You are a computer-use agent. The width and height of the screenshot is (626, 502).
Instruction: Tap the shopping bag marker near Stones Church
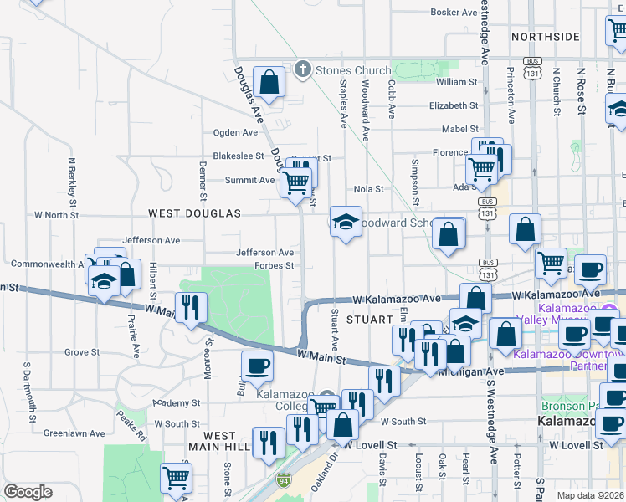[x=269, y=83]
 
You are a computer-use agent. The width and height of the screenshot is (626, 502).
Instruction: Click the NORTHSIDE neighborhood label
[x=545, y=37]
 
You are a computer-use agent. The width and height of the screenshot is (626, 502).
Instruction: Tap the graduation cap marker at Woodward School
[x=345, y=223]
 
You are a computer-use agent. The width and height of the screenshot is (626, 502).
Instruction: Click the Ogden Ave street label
[x=236, y=132]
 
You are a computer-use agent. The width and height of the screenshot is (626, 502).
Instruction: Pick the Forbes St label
[x=274, y=266]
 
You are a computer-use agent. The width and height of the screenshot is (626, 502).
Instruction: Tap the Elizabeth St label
[x=453, y=105]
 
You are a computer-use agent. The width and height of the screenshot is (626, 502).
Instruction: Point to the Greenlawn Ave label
[x=74, y=433]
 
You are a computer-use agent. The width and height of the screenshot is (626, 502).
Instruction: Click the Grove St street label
[x=82, y=352]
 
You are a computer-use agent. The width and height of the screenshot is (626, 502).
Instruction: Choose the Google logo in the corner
[x=28, y=491]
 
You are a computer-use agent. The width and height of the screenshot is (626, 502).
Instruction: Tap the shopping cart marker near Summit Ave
[x=295, y=182]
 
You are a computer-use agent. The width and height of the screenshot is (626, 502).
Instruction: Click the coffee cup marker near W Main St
[x=257, y=366]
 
